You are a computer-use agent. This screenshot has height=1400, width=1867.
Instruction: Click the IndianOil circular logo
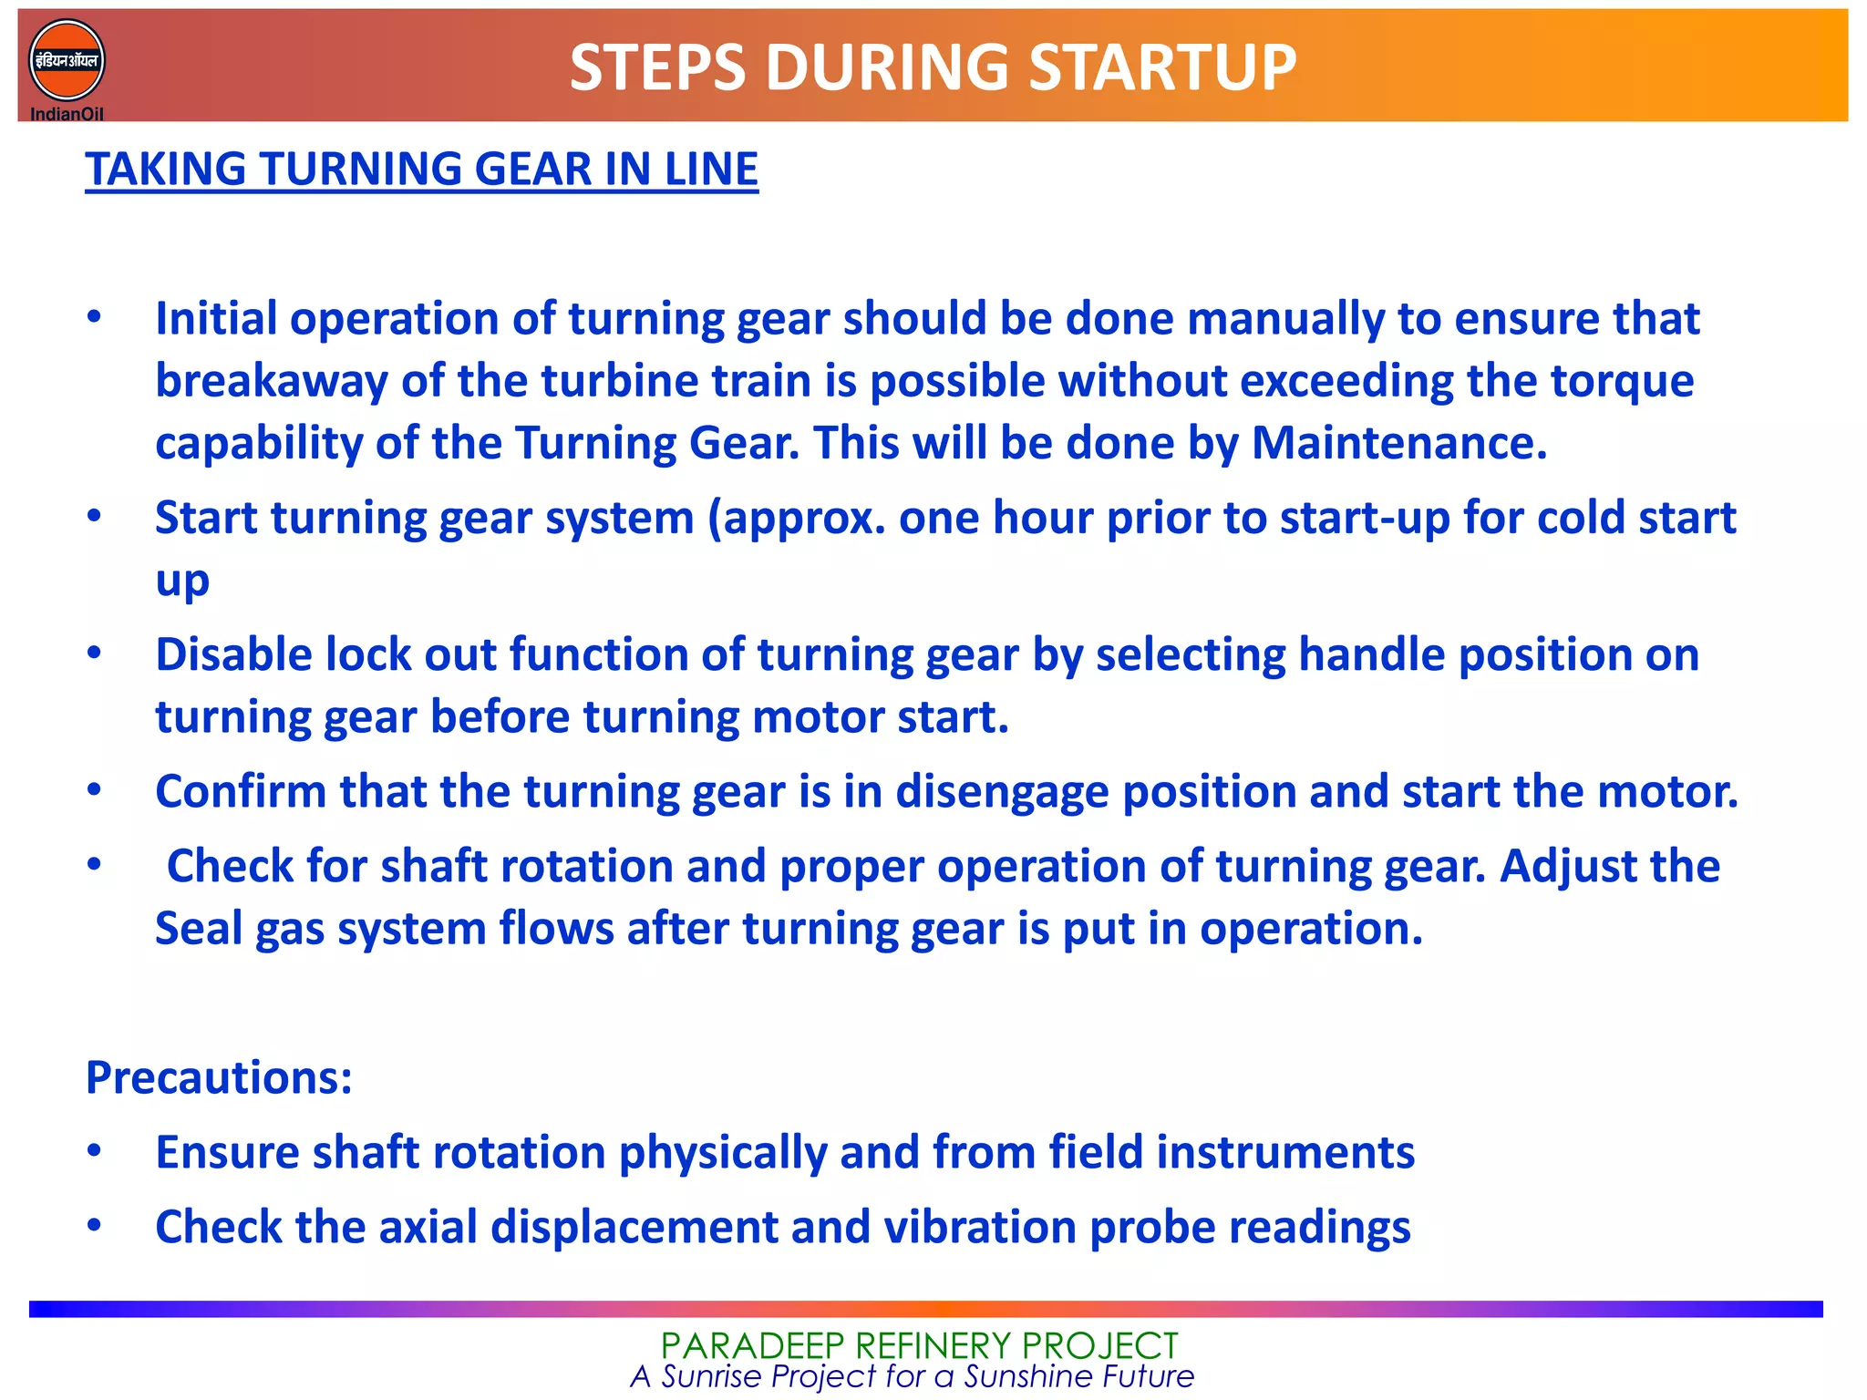pyautogui.click(x=67, y=62)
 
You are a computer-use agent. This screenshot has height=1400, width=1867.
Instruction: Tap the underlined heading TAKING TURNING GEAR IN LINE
pyautogui.click(x=421, y=170)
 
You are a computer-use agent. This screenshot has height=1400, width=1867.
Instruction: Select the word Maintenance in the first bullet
pyautogui.click(x=1398, y=444)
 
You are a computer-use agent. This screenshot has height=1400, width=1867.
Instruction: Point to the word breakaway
pyautogui.click(x=271, y=381)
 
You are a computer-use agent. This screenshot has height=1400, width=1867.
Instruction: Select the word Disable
pyautogui.click(x=233, y=655)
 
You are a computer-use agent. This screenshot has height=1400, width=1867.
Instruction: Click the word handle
pyautogui.click(x=1371, y=655)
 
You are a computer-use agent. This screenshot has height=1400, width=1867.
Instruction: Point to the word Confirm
pyautogui.click(x=241, y=792)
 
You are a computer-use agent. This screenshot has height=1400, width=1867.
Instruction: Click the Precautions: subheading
pyautogui.click(x=219, y=1078)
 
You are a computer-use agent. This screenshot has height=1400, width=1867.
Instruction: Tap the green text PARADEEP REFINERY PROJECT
pyautogui.click(x=919, y=1345)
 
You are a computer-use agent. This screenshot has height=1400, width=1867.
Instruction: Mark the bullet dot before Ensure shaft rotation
pyautogui.click(x=94, y=1150)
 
